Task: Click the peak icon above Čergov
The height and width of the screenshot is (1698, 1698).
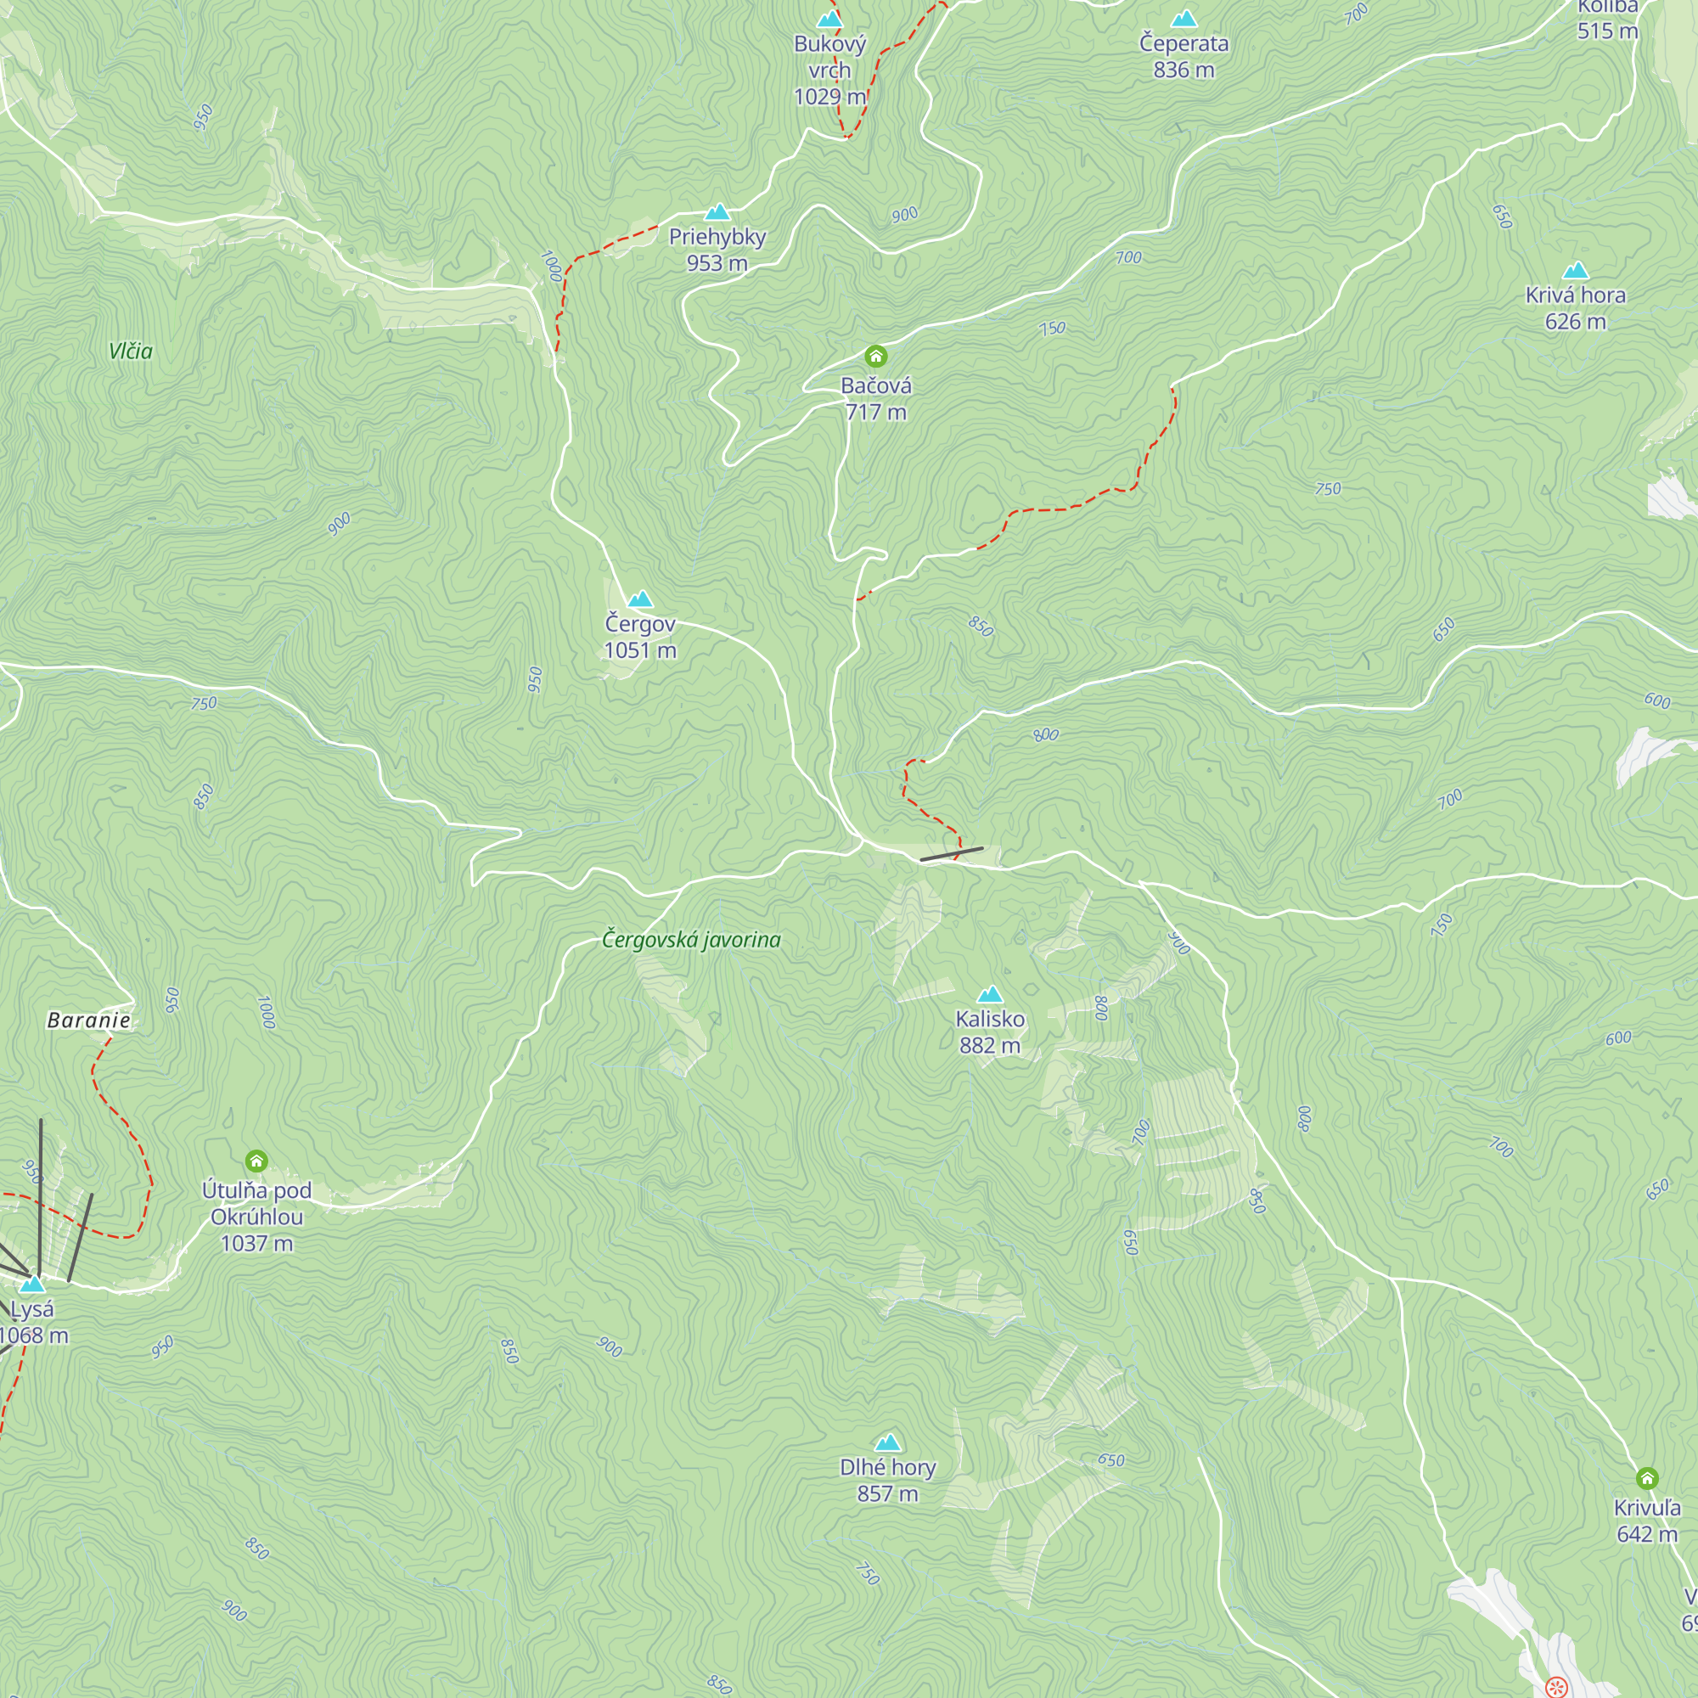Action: pyautogui.click(x=640, y=599)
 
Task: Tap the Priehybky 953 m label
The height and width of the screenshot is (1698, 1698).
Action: pyautogui.click(x=717, y=250)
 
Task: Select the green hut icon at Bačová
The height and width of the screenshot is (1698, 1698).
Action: pyautogui.click(x=875, y=356)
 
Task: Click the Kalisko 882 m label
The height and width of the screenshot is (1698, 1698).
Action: pyautogui.click(x=990, y=1032)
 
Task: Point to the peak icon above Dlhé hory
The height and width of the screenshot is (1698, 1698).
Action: pyautogui.click(x=888, y=1442)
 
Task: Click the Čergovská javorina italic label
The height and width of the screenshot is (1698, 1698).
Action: pyautogui.click(x=691, y=940)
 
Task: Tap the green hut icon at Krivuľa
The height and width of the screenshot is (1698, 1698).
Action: pyautogui.click(x=1647, y=1477)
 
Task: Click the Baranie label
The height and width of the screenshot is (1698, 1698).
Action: pyautogui.click(x=89, y=1020)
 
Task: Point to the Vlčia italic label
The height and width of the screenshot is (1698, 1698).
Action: pyautogui.click(x=131, y=351)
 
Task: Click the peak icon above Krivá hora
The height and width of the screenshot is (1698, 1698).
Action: pyautogui.click(x=1575, y=271)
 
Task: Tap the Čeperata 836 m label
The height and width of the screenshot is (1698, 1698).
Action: pyautogui.click(x=1184, y=55)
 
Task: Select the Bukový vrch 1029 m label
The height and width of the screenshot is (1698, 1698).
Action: pyautogui.click(x=829, y=70)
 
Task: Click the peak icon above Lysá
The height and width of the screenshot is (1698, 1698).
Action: pyautogui.click(x=32, y=1284)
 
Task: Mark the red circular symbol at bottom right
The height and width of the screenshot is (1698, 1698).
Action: pyautogui.click(x=1555, y=1686)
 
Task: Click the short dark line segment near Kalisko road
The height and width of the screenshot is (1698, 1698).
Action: pyautogui.click(x=951, y=853)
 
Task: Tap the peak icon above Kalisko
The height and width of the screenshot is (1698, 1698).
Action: pyautogui.click(x=990, y=994)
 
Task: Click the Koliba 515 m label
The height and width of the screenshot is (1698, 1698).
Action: pyautogui.click(x=1606, y=21)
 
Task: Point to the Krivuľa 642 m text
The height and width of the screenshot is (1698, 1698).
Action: pyautogui.click(x=1646, y=1521)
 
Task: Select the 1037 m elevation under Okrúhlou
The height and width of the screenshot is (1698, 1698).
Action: pyautogui.click(x=256, y=1243)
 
